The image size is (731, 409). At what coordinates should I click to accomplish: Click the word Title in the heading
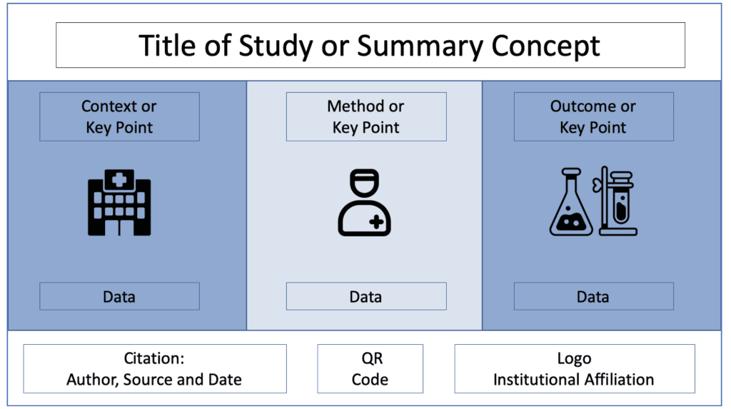point(166,46)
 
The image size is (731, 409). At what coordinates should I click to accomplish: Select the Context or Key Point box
point(119,116)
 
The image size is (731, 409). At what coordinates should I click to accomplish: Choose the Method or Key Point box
point(366,116)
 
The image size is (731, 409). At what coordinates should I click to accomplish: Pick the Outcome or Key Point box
point(593,116)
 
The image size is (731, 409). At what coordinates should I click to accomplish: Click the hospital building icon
point(119,202)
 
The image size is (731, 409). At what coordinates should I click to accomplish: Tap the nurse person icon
point(364,202)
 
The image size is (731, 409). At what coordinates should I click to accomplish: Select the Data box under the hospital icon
point(119,296)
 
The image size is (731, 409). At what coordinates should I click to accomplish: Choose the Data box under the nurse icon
point(366,296)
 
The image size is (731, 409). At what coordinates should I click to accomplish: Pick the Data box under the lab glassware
point(593,296)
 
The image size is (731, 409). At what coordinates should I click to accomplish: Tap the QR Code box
point(370,368)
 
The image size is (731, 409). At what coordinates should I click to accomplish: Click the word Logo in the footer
point(574,358)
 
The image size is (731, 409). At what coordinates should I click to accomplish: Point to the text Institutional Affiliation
point(574,379)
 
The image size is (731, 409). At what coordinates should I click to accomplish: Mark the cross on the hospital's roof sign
point(119,180)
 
